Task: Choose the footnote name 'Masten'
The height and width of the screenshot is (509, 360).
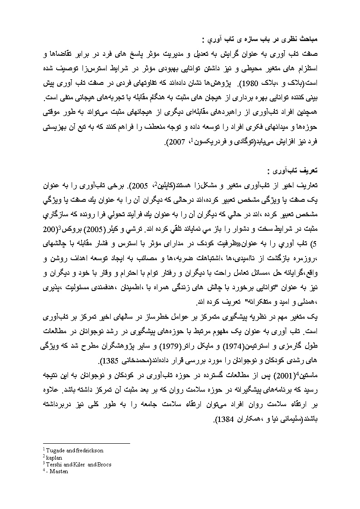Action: tap(58, 471)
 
